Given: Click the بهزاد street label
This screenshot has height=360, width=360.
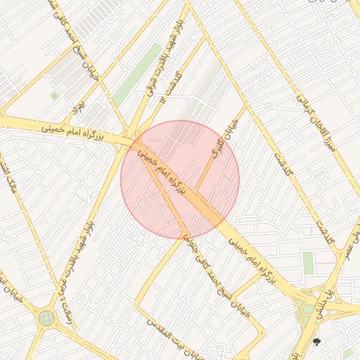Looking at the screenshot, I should [x=78, y=108].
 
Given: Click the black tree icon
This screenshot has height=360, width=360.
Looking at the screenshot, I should [x=316, y=342].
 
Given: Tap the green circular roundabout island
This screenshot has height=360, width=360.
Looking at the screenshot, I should [x=46, y=318].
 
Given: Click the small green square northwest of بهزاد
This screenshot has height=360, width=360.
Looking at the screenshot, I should [x=54, y=96].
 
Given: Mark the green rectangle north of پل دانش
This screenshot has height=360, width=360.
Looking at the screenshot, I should [x=308, y=263].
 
